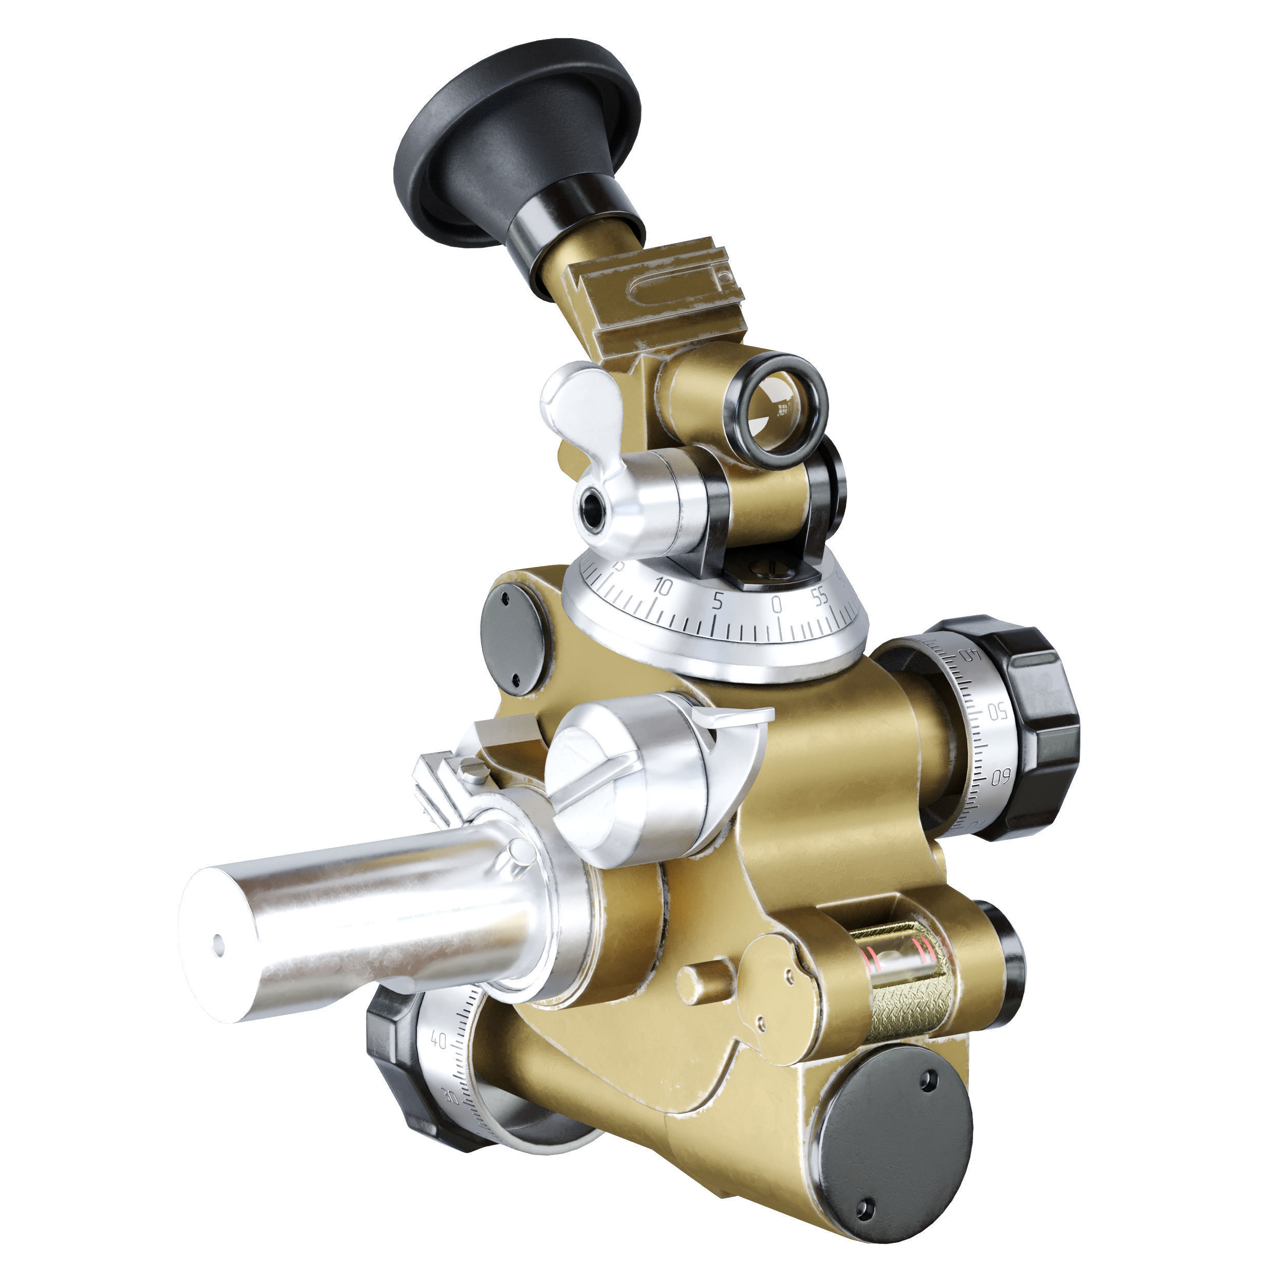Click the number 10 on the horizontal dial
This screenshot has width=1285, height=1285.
coord(663,586)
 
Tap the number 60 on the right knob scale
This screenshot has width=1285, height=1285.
coord(1002,776)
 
